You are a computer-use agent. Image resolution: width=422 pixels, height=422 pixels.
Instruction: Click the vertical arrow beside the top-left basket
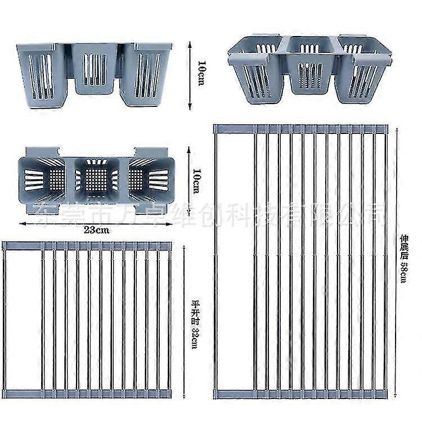coord(190,74)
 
